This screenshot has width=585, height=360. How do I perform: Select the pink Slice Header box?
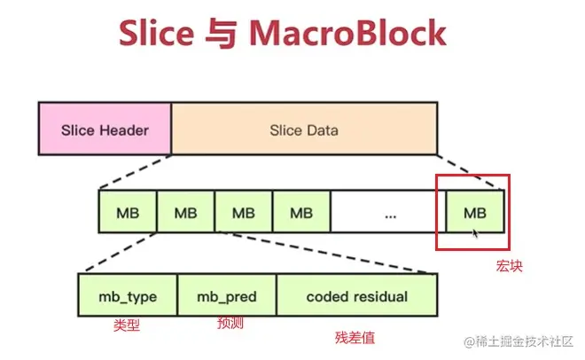tap(105, 129)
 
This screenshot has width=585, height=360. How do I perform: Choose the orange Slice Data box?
tap(303, 129)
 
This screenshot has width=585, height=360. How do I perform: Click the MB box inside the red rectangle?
tap(475, 212)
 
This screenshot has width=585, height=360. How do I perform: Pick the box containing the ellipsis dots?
tap(387, 212)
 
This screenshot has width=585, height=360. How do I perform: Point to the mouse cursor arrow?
tap(476, 233)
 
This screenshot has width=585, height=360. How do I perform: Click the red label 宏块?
tap(509, 264)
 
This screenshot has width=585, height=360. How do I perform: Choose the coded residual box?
tap(356, 295)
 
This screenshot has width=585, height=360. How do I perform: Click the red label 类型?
tap(127, 326)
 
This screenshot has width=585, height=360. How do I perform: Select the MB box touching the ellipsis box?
tap(301, 212)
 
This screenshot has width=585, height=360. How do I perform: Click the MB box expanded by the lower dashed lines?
tap(185, 212)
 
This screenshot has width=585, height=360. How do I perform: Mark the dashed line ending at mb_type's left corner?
tap(117, 254)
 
